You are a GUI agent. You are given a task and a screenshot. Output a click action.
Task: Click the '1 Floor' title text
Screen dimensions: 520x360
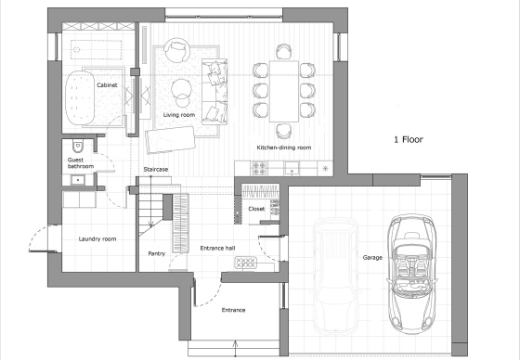pyautogui.click(x=409, y=139)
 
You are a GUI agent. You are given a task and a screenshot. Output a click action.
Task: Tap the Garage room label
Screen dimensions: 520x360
pyautogui.click(x=372, y=258)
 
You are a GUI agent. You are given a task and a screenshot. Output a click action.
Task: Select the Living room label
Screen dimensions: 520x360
pyautogui.click(x=178, y=115)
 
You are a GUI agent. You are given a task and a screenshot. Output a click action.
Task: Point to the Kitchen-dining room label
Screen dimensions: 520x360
pyautogui.click(x=284, y=148)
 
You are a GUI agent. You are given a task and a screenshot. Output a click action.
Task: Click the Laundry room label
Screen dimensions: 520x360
pyautogui.click(x=97, y=238)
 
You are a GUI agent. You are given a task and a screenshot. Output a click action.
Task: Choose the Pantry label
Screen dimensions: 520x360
pyautogui.click(x=157, y=253)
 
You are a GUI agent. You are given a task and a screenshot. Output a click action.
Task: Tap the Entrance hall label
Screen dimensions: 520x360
pyautogui.click(x=217, y=248)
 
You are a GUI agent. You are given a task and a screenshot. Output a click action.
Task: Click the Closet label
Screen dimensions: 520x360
pyautogui.click(x=256, y=209)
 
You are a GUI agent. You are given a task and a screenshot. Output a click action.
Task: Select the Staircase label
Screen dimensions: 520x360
pyautogui.click(x=156, y=170)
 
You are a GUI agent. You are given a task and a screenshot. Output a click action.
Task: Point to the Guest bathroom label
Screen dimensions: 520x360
pyautogui.click(x=81, y=163)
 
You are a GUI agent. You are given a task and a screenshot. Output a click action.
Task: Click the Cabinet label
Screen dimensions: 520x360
pyautogui.click(x=107, y=85)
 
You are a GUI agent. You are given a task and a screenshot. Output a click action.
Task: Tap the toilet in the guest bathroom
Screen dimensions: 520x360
pyautogui.click(x=78, y=145)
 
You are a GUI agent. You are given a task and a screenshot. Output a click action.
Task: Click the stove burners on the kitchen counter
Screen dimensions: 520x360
pyautogui.click(x=259, y=168)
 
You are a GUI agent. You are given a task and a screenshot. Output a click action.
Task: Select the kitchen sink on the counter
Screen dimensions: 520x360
pyautogui.click(x=292, y=168)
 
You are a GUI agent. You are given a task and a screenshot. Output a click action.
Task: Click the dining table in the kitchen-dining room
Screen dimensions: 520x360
pyautogui.click(x=284, y=91)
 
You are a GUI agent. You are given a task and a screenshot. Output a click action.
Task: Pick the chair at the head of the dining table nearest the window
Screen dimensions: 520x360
pyautogui.click(x=284, y=51)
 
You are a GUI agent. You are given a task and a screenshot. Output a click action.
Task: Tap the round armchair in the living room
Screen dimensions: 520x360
pyautogui.click(x=177, y=50)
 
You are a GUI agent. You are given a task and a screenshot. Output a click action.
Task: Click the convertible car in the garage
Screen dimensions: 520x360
pyautogui.click(x=411, y=274)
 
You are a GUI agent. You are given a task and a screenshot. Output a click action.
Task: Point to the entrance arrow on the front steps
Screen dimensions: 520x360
pyautogui.click(x=236, y=349)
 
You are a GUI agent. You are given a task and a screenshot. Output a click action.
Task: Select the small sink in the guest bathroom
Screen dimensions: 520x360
pyautogui.click(x=78, y=180)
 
